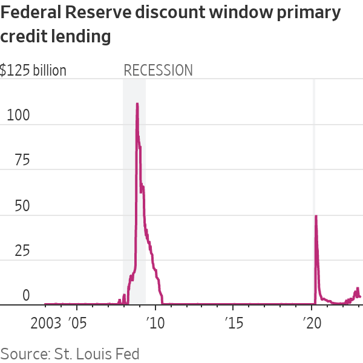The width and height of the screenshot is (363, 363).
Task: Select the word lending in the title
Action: click(81, 38)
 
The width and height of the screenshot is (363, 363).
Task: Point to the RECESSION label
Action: click(158, 70)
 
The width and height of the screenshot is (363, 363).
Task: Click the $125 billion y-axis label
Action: click(33, 70)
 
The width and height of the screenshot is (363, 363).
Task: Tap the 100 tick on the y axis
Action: click(17, 116)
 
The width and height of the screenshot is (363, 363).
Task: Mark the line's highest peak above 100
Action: click(137, 104)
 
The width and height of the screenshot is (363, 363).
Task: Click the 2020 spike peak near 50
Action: click(315, 216)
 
